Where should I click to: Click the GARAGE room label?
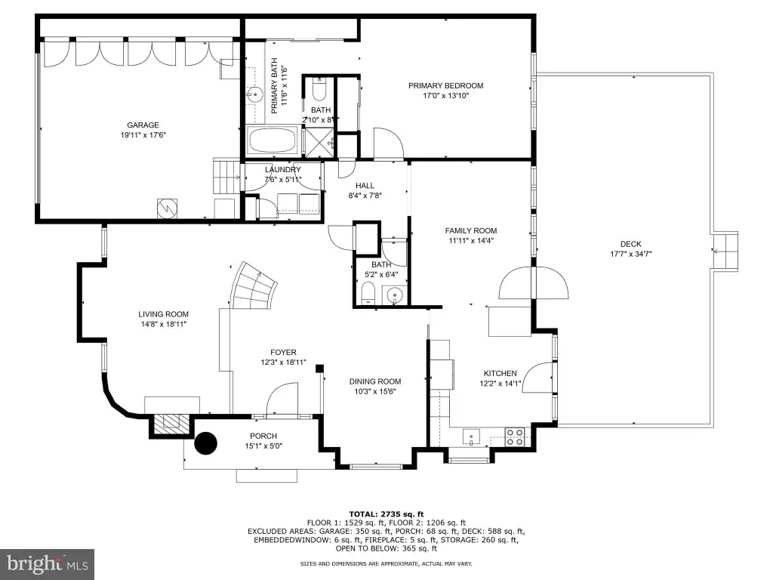point(143,125)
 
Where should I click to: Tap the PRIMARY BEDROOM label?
point(445,86)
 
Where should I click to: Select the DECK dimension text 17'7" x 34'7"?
point(631,254)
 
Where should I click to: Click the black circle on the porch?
point(205,443)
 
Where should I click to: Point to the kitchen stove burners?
point(515,437)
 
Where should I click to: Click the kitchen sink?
point(471,437)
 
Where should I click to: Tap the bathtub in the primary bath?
point(273,140)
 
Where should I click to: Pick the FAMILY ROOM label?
point(471,230)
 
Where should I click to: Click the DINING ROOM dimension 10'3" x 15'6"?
point(374,392)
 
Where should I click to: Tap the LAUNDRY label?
point(282,170)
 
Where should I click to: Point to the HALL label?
point(365,186)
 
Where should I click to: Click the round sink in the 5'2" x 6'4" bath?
point(395,295)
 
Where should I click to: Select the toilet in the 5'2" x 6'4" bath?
point(368,294)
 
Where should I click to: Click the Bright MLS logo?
point(48,563)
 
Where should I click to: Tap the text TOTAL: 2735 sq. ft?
point(386,514)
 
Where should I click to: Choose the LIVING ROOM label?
point(163,314)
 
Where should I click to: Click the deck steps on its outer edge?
point(724,251)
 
